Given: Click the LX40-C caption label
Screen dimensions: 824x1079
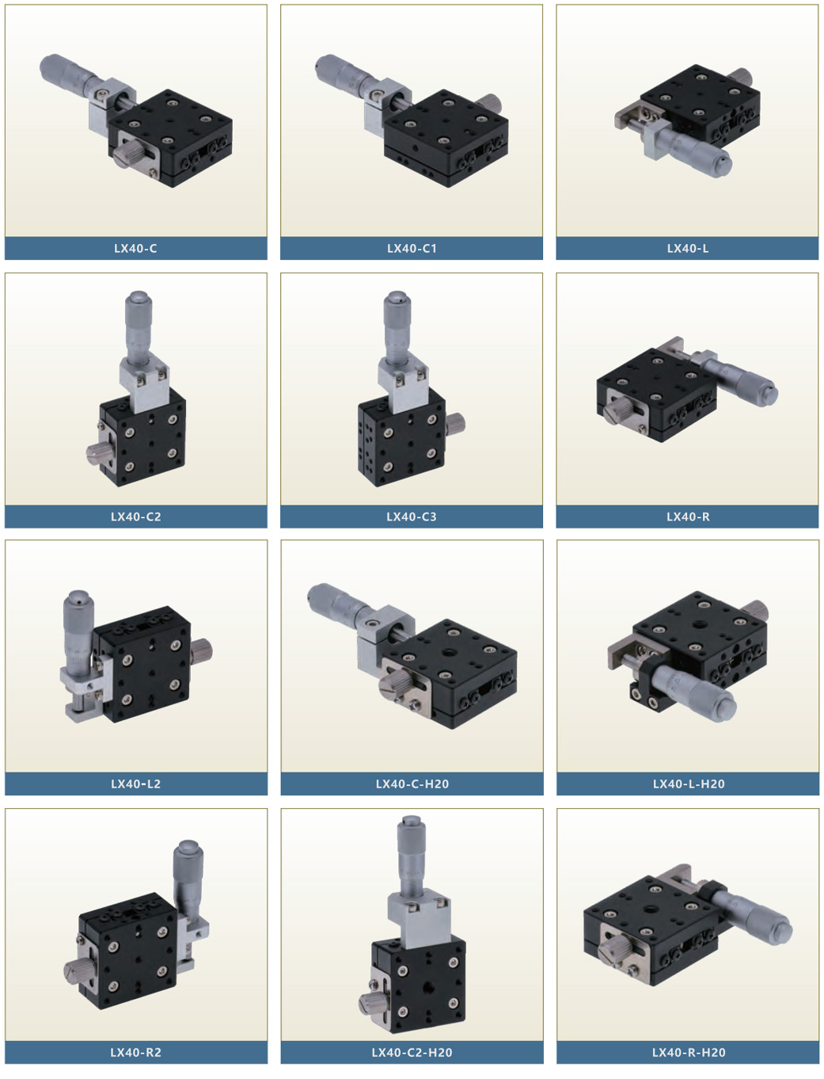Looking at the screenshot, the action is (x=135, y=248).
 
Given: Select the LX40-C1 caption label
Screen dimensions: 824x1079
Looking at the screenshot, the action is (x=412, y=248).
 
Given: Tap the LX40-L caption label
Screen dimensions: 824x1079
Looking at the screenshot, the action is (x=688, y=248).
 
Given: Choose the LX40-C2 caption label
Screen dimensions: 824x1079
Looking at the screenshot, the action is (x=135, y=517).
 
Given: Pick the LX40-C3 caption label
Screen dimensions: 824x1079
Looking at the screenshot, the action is (x=412, y=517).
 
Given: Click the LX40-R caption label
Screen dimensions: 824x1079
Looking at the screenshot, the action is (x=688, y=517).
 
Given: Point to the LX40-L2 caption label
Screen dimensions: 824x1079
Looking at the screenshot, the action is (x=135, y=784).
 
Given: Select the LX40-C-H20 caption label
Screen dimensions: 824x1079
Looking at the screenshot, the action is (x=412, y=784).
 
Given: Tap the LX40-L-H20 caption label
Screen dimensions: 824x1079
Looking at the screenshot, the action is (x=688, y=784).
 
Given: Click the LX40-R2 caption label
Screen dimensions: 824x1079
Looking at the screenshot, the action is (x=135, y=1052).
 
